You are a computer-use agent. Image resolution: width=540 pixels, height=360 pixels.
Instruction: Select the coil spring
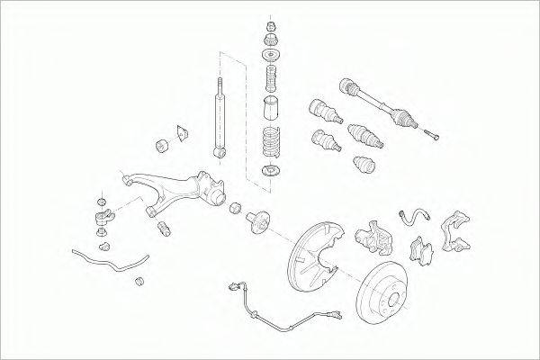coord(269,143)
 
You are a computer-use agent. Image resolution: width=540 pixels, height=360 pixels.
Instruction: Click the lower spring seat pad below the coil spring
coord(268,171)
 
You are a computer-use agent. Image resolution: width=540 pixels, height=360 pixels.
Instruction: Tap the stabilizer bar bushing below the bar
coord(139,284)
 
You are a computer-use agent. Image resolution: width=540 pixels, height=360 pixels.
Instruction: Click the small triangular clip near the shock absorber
coord(181,133)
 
